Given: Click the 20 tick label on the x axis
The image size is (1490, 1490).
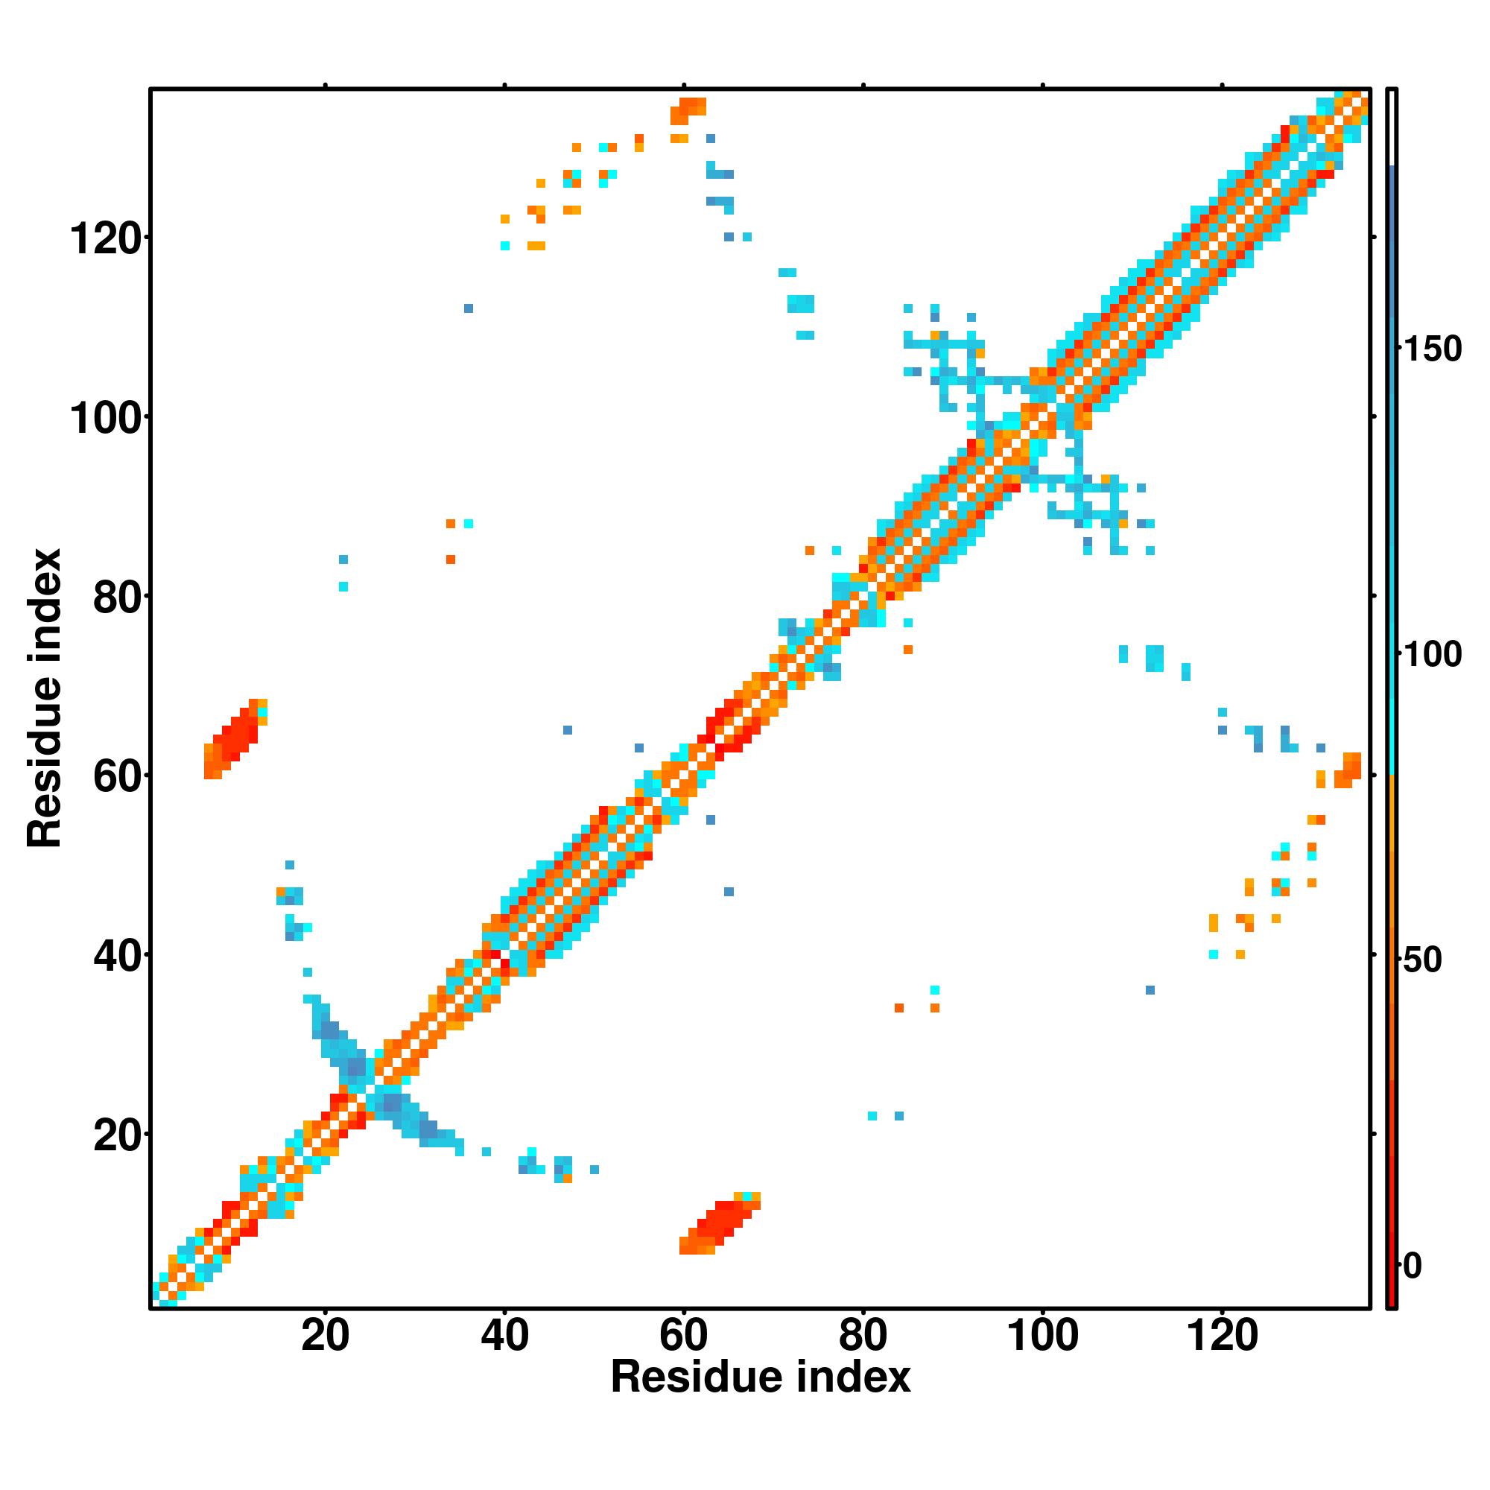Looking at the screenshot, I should pos(325,1335).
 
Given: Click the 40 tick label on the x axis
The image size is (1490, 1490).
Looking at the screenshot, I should pos(504,1335).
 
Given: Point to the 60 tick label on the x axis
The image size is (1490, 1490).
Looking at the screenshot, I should pos(683,1335).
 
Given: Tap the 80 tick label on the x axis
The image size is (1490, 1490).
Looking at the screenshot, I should pos(863,1335).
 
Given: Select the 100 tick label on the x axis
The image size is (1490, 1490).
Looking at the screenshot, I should pos(1042,1335).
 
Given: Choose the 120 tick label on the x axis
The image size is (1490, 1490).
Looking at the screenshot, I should pos(1222,1335).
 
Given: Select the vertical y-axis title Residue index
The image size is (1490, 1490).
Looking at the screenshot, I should pos(45,698).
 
